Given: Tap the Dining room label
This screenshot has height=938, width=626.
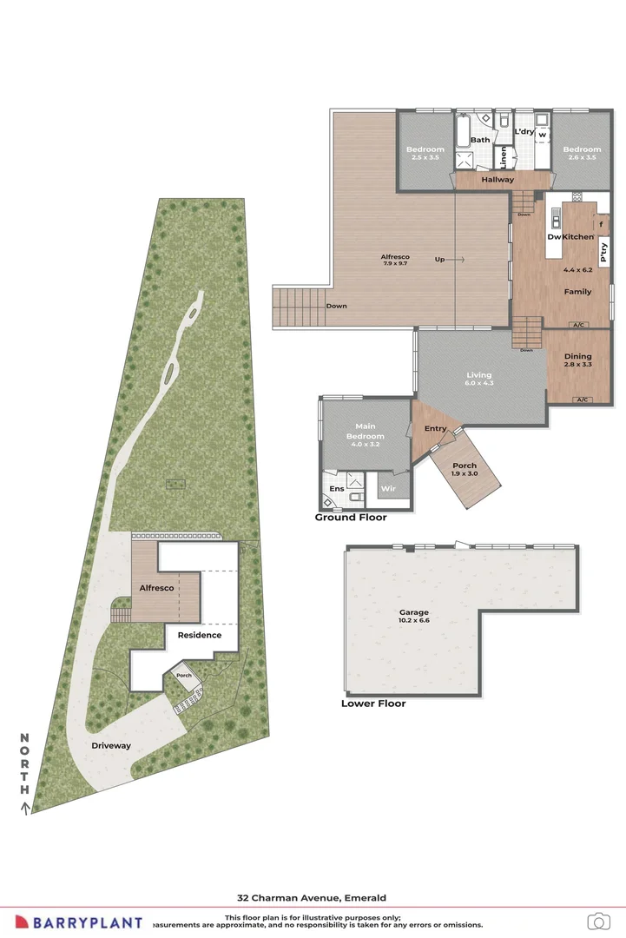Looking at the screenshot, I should point(578,356).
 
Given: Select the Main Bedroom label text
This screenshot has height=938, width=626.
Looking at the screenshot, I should point(366,431).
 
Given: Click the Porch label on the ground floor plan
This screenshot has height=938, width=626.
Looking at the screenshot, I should point(465,466).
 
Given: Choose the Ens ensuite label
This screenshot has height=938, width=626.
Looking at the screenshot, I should point(336,489).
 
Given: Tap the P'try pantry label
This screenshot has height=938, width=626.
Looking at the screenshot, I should point(604,252).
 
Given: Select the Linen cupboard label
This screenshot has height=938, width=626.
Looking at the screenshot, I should point(503,156).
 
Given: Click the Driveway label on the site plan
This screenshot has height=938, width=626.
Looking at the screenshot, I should point(111,745).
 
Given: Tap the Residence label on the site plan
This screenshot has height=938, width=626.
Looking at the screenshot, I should point(200,635).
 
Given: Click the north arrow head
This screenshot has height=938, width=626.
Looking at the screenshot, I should point(25,808).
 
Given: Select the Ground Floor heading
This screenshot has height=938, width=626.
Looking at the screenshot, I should point(351,518).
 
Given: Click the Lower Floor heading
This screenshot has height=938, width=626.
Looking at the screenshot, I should point(373,703).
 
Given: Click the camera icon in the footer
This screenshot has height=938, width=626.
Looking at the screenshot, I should point(597,921).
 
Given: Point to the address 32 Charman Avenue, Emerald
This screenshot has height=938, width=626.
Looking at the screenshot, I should point(312,897).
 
